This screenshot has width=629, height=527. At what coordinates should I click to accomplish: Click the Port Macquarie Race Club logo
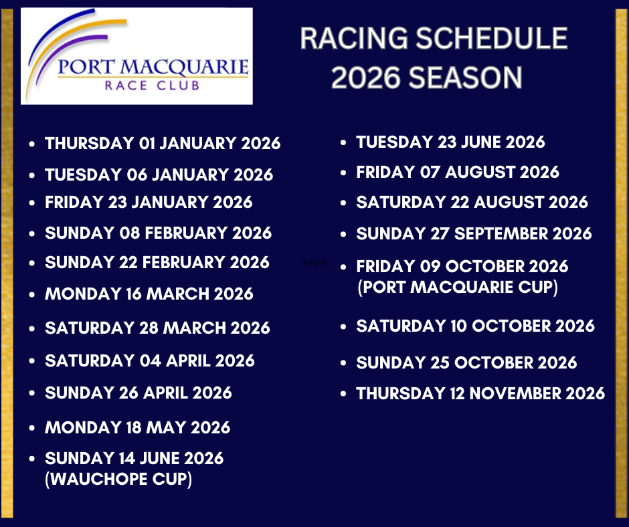pos(137,56)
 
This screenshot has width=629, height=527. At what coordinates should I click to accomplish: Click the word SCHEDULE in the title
pos(491,39)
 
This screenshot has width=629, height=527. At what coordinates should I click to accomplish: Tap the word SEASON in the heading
pos(465,78)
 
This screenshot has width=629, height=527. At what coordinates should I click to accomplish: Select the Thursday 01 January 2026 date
pos(163,143)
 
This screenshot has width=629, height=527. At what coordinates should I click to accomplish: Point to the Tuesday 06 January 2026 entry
pos(159,175)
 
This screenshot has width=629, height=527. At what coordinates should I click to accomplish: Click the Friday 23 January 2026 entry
pos(149,202)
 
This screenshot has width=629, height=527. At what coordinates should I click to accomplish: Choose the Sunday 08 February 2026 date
pos(158,233)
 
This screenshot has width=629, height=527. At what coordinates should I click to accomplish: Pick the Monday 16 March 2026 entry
pos(149,294)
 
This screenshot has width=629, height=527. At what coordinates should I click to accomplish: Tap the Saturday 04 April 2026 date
pos(150,360)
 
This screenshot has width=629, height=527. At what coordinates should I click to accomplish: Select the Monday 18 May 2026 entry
pos(138,427)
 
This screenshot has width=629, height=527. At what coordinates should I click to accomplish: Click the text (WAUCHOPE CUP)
pos(118,479)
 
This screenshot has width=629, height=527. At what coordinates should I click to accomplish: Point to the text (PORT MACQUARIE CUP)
pos(457,287)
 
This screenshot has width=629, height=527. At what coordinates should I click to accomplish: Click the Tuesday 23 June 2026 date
pos(450,142)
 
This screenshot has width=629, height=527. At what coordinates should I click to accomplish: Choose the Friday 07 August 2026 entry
pos(458,172)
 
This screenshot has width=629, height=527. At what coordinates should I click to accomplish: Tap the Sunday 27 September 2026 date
pos(474,233)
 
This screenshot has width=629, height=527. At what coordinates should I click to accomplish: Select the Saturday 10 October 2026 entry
pos(475,326)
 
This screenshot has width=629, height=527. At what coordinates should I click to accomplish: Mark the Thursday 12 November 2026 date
pos(480,393)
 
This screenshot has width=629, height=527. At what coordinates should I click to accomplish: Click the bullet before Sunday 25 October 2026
pos(343,363)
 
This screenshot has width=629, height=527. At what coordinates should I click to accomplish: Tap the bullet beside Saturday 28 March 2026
pos(32,328)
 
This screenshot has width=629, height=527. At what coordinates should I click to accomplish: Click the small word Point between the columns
pos(314,263)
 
